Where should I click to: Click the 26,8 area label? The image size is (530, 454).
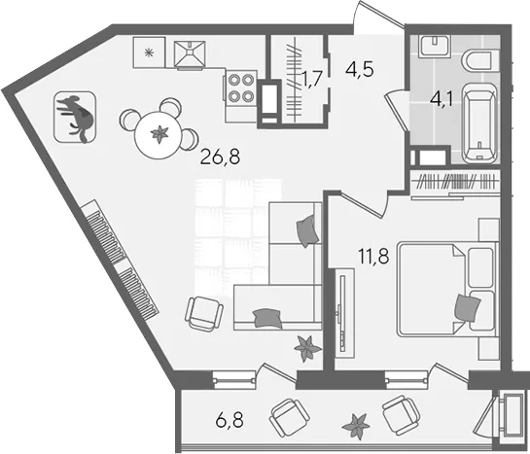pyautogui.click(x=220, y=157)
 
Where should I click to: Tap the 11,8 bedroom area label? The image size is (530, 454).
pyautogui.click(x=373, y=256)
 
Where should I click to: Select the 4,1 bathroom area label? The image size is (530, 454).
pyautogui.click(x=442, y=99)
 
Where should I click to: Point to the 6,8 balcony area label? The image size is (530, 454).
pyautogui.click(x=230, y=421)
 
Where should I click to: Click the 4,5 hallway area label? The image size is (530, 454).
pyautogui.click(x=359, y=70)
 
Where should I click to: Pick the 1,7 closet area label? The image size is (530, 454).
pyautogui.click(x=310, y=81)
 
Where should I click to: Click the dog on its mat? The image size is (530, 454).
pyautogui.click(x=75, y=118)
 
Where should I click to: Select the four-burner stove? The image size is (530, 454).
pyautogui.click(x=240, y=87)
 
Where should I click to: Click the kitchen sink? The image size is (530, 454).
pyautogui.click(x=190, y=54)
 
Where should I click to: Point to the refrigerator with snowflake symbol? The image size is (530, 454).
pyautogui.click(x=149, y=52)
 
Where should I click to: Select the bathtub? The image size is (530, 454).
pyautogui.click(x=479, y=123)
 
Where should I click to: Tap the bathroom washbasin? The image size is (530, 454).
pyautogui.click(x=434, y=46)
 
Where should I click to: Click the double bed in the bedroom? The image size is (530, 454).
pyautogui.click(x=447, y=289)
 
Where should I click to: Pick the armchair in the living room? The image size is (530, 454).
pyautogui.click(x=204, y=313)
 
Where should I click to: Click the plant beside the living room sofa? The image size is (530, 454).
pyautogui.click(x=306, y=348)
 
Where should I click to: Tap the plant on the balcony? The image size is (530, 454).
pyautogui.click(x=355, y=427)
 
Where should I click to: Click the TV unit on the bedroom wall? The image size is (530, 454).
pyautogui.click(x=344, y=313)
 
